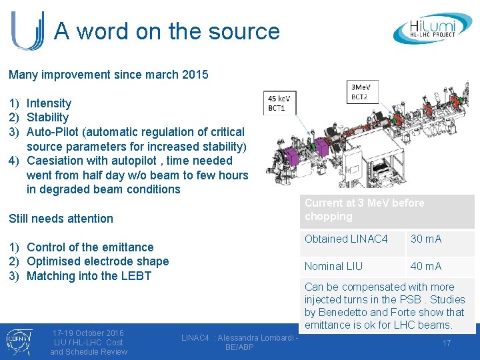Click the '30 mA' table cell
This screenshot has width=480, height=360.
pos(426,239)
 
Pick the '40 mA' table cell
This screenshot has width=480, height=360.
pos(426,266)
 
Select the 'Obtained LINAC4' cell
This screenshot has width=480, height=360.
pos(346,239)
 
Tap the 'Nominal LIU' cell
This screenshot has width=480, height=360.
pos(334,266)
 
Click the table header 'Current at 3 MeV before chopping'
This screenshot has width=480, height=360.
pos(364,209)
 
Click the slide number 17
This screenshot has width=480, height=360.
pos(447,343)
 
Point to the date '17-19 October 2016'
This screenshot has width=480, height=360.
pos(89,333)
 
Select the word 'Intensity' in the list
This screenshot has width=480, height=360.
pos(49,103)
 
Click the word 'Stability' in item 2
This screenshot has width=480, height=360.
pos(47,117)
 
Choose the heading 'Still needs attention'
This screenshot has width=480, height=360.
pos(61,219)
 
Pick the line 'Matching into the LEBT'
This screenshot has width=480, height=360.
pos(89,276)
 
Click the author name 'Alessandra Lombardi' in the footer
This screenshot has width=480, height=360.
pos(260,338)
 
